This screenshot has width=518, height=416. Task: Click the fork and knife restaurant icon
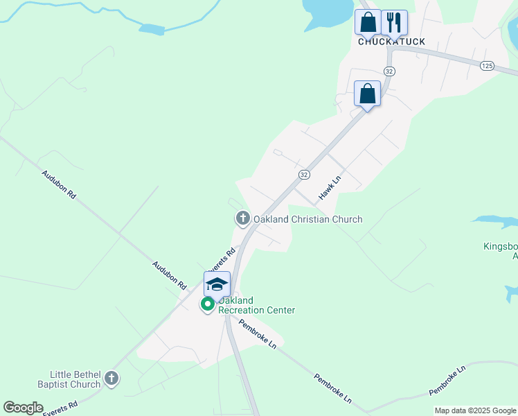pyautogui.click(x=394, y=22)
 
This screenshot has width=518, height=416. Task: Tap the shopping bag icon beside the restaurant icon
pyautogui.click(x=368, y=22)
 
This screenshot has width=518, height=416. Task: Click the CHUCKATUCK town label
pyautogui.click(x=391, y=42)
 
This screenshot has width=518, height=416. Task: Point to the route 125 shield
pyautogui.click(x=487, y=65)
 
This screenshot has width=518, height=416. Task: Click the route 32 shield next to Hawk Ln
pyautogui.click(x=304, y=174)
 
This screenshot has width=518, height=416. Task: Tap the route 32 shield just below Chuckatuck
pyautogui.click(x=389, y=71)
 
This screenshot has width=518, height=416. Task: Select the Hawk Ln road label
pyautogui.click(x=330, y=189)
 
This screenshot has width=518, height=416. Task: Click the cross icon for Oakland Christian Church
pyautogui.click(x=242, y=219)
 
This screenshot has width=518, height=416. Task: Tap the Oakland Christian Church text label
pyautogui.click(x=307, y=220)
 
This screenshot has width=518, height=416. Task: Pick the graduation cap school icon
pyautogui.click(x=217, y=284)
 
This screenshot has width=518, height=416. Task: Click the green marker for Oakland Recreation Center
pyautogui.click(x=207, y=304)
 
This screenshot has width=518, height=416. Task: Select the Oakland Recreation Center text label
pyautogui.click(x=256, y=305)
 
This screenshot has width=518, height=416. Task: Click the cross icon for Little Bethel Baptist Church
pyautogui.click(x=111, y=379)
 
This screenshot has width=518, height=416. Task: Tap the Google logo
pyautogui.click(x=23, y=408)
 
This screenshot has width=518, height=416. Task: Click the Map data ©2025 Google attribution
pyautogui.click(x=475, y=410)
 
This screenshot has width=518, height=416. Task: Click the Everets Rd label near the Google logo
pyautogui.click(x=60, y=408)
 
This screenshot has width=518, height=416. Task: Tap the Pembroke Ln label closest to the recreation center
pyautogui.click(x=258, y=334)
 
